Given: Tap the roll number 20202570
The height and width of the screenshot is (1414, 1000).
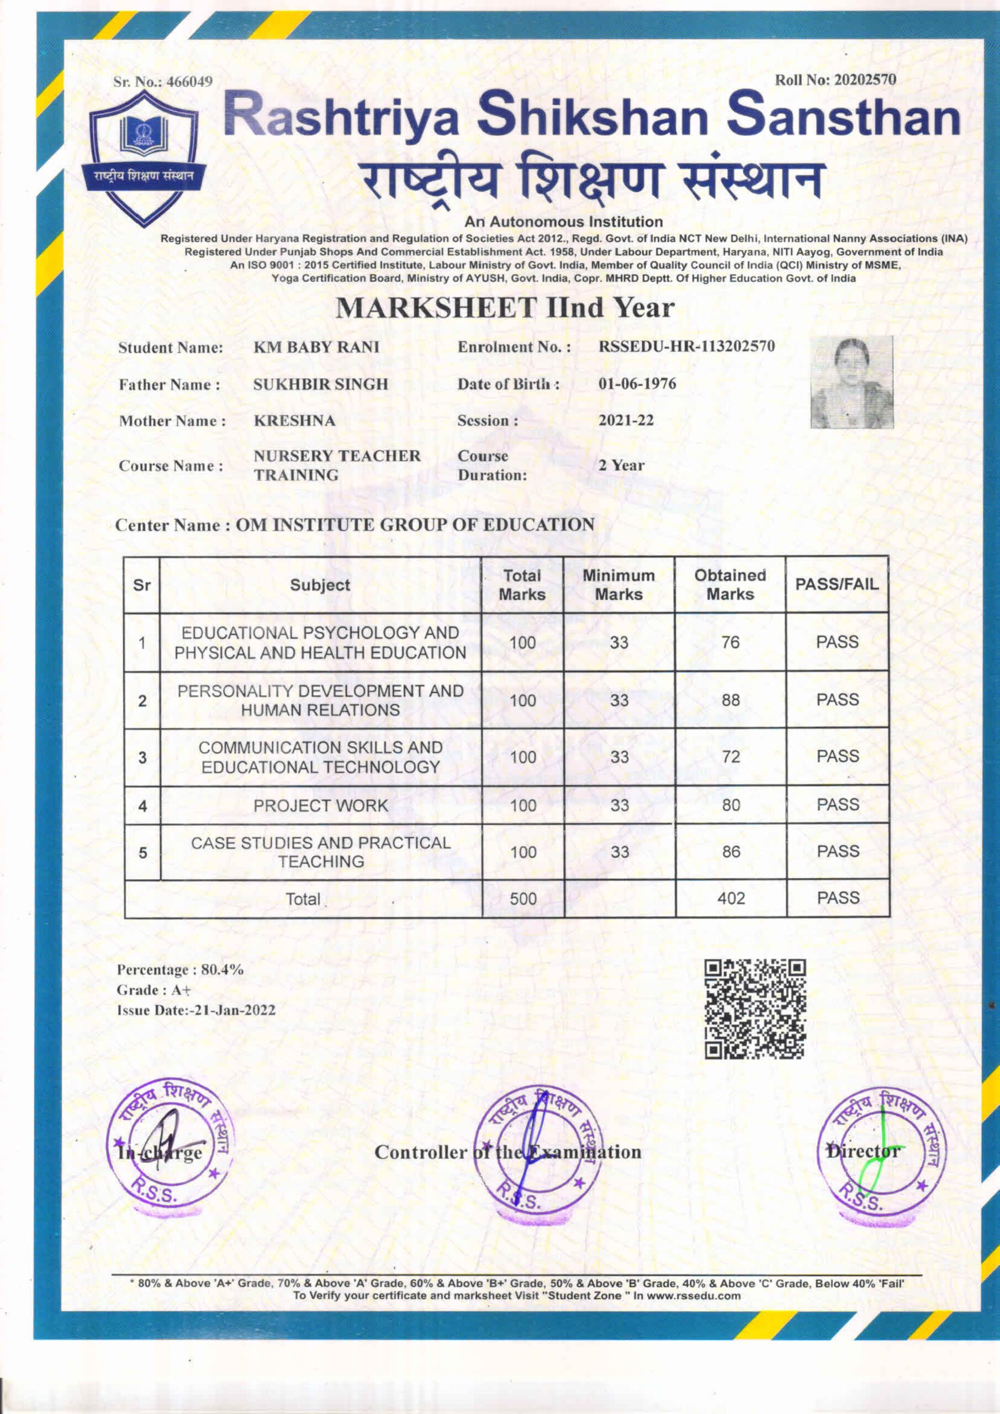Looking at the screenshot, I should coord(864,80).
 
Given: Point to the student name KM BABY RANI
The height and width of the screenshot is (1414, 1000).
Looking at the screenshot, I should coord(316,347).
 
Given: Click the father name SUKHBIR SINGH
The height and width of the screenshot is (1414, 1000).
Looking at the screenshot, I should coord(321,384).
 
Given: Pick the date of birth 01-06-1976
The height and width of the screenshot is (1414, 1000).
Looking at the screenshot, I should coord(637,384).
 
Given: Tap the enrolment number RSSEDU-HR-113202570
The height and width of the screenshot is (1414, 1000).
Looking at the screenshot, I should coord(686,346).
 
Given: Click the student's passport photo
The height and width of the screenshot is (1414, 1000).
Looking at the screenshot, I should coord(851,382).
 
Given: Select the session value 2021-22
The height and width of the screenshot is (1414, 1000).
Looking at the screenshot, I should coord(626,421).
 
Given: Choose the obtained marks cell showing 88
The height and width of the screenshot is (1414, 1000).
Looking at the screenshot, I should coord(731,700).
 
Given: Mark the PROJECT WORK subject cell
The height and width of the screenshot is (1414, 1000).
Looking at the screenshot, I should coord(320,805).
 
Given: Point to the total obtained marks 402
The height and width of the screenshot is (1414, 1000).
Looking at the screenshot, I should coord(731,899).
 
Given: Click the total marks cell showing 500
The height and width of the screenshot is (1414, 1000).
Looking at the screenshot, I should coord(523,899).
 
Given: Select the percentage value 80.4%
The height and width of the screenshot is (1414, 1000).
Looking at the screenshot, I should coord(223,970).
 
